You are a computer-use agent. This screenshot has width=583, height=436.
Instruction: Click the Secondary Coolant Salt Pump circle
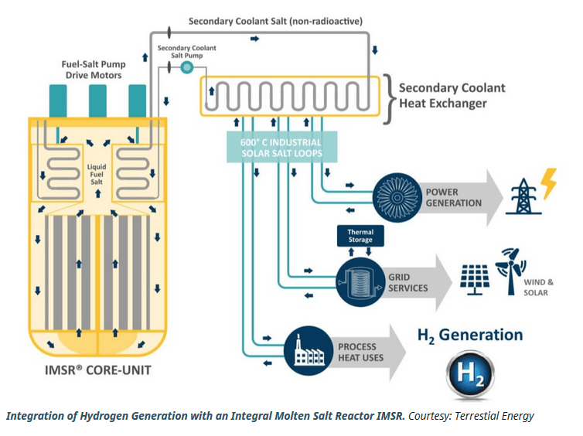tap(186, 68)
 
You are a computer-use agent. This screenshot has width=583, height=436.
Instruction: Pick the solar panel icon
tap(476, 279)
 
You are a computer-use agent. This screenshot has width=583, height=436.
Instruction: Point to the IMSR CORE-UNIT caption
tap(99, 370)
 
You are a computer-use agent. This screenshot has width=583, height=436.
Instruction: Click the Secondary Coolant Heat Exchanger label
tap(452, 95)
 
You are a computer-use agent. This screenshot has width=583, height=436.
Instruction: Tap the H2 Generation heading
tap(470, 336)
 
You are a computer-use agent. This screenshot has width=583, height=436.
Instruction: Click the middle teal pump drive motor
tap(97, 100)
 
